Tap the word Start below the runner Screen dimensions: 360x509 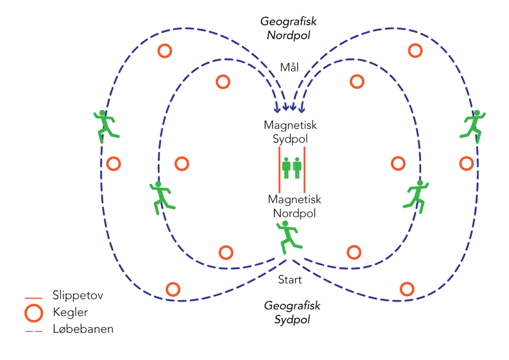tap(290, 280)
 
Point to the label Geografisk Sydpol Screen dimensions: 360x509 tap(292, 313)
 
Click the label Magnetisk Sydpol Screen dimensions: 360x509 tap(290, 132)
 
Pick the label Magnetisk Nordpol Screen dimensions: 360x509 tap(295, 206)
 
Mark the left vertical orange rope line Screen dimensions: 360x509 tap(280, 170)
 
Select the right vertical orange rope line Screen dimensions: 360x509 tap(304, 170)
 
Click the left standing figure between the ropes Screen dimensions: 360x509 tap(286, 168)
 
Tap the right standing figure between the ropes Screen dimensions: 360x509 tap(297, 168)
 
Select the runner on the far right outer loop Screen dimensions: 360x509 tap(473, 124)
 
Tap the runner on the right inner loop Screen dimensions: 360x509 tap(417, 196)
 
